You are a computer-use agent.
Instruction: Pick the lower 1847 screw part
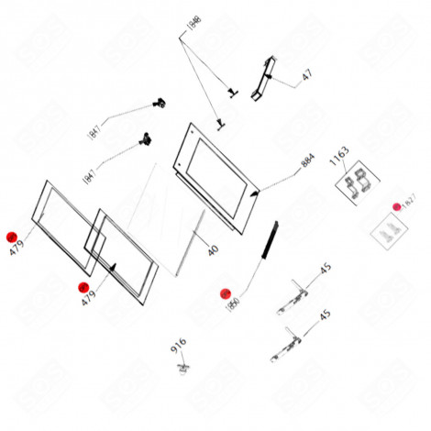click(143, 140)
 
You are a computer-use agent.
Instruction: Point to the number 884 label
click(307, 164)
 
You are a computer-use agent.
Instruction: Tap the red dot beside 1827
click(397, 206)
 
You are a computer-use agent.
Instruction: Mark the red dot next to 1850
click(225, 294)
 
